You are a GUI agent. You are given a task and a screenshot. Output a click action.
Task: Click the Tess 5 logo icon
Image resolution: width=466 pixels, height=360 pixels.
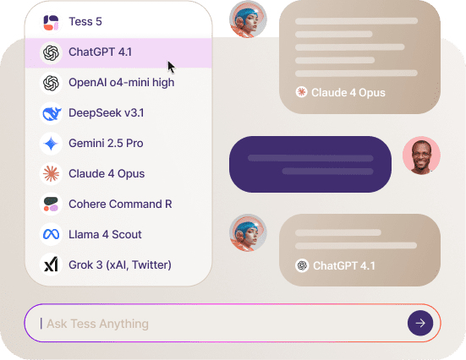click(51, 23)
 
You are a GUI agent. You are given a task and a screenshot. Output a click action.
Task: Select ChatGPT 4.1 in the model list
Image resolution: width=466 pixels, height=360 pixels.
click(100, 52)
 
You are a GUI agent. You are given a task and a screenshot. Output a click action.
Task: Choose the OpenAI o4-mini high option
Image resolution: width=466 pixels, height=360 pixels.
click(121, 83)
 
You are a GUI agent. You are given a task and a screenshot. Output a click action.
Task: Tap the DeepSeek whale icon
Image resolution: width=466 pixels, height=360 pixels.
click(52, 113)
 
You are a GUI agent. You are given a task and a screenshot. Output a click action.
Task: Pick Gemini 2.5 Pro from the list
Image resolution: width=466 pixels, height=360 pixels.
click(106, 143)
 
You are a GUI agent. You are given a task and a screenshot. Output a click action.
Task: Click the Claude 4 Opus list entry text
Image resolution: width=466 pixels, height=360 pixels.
click(107, 174)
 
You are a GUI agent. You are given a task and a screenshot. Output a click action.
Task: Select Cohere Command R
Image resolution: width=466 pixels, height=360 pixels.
click(120, 204)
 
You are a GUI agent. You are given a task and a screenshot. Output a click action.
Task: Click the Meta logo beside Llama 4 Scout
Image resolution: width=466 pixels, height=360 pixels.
click(51, 234)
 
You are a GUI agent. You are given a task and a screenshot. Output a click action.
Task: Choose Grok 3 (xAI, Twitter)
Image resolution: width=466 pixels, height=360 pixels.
click(120, 265)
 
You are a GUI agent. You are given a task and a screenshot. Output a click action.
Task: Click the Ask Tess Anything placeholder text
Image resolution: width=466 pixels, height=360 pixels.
click(98, 324)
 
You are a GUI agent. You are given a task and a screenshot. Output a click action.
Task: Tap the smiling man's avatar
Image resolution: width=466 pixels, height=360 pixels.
click(421, 155)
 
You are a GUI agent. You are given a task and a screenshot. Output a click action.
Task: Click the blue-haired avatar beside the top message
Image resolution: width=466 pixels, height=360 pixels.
click(248, 19)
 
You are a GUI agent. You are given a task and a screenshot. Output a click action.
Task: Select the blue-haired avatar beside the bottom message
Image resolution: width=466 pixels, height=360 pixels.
click(248, 232)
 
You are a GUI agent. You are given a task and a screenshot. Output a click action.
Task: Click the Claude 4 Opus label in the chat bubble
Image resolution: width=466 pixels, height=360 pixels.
click(348, 93)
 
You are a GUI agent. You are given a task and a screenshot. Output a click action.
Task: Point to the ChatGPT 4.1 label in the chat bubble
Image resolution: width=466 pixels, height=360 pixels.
click(344, 266)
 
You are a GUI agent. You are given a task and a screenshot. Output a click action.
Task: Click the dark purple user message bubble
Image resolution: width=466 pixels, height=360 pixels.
click(310, 164)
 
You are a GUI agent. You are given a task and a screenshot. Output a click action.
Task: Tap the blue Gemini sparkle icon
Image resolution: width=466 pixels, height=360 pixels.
click(51, 144)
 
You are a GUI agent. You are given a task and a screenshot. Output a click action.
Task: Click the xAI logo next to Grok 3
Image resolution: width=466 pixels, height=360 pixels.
click(51, 265)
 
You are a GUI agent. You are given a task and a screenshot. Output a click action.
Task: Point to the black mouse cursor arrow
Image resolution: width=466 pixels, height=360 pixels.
click(171, 67)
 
